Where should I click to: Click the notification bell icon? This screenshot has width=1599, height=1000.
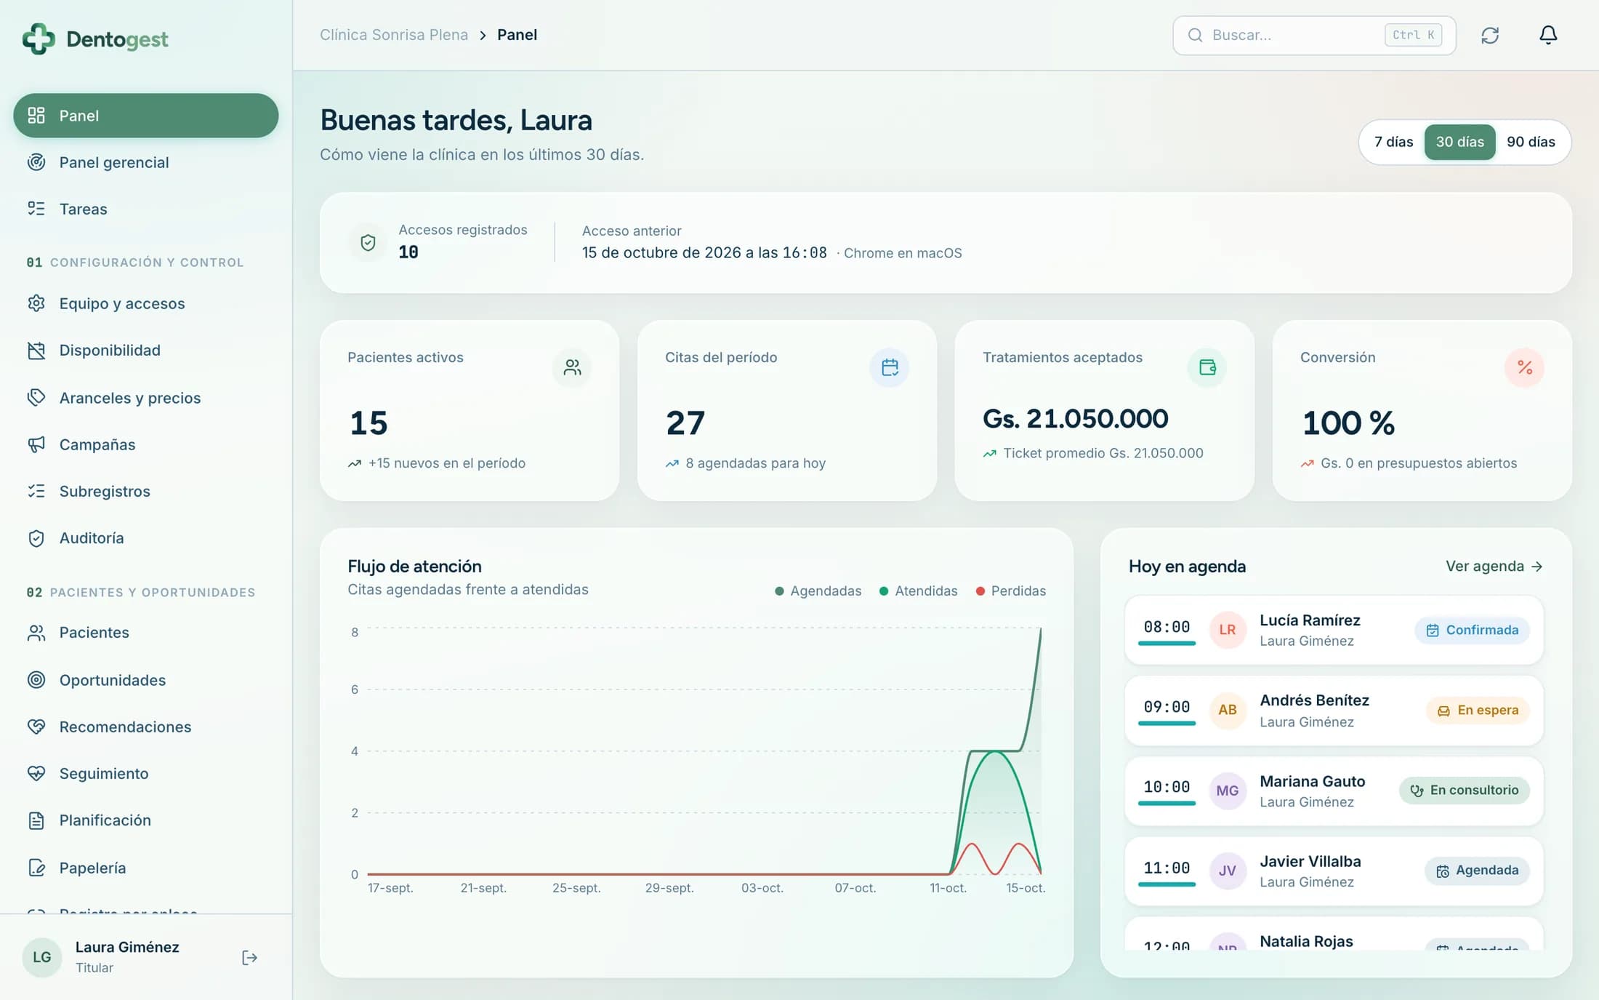pyautogui.click(x=1548, y=35)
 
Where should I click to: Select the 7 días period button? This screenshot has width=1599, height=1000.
pyautogui.click(x=1393, y=142)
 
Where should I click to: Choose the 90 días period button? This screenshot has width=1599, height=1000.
pyautogui.click(x=1531, y=142)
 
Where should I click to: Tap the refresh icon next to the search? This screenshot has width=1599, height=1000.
pyautogui.click(x=1490, y=35)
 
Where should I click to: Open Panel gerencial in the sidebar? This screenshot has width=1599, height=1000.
pyautogui.click(x=114, y=162)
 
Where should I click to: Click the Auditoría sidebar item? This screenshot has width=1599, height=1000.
pyautogui.click(x=92, y=538)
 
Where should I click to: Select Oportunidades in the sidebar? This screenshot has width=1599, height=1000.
pyautogui.click(x=113, y=680)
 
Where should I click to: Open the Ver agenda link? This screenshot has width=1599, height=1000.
pyautogui.click(x=1494, y=566)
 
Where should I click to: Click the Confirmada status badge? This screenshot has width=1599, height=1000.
pyautogui.click(x=1472, y=630)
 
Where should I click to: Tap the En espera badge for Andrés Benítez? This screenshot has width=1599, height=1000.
pyautogui.click(x=1478, y=710)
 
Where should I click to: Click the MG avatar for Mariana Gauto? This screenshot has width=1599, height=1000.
pyautogui.click(x=1228, y=791)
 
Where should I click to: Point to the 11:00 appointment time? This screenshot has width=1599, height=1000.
pyautogui.click(x=1167, y=868)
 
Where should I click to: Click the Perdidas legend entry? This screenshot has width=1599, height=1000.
pyautogui.click(x=1010, y=591)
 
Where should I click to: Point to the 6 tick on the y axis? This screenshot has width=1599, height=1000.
pyautogui.click(x=355, y=689)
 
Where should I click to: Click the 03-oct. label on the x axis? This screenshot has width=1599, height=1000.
pyautogui.click(x=762, y=888)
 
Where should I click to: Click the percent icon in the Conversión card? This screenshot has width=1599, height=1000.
pyautogui.click(x=1524, y=367)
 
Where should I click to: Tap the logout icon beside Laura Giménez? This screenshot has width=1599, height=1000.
pyautogui.click(x=249, y=958)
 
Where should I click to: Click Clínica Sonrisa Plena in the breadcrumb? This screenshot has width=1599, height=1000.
pyautogui.click(x=394, y=35)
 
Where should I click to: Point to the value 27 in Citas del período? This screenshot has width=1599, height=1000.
pyautogui.click(x=685, y=423)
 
